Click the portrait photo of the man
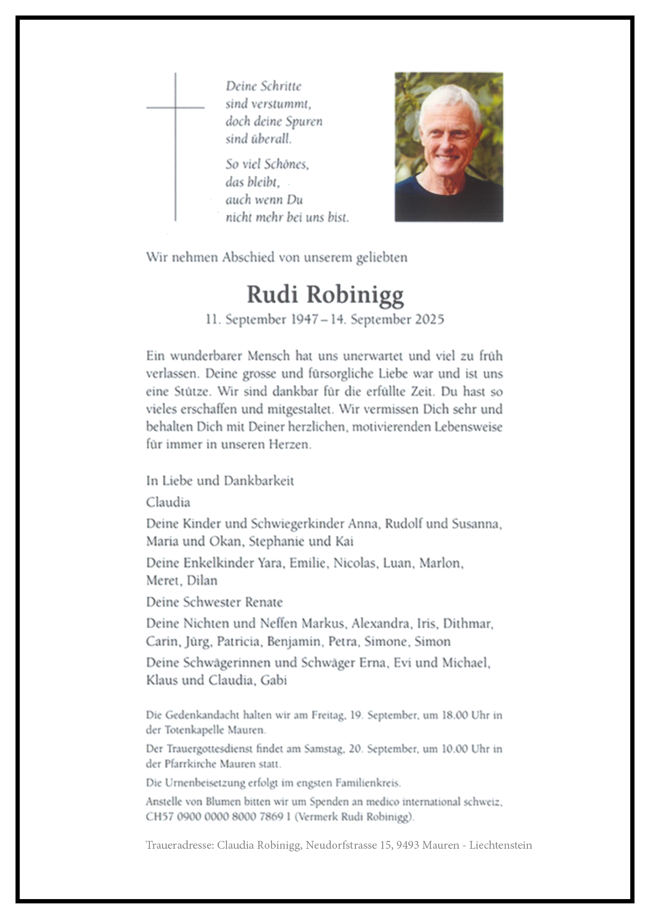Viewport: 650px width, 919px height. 449,147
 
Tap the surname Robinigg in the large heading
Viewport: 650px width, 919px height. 355,295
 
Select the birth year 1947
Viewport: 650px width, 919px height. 304,320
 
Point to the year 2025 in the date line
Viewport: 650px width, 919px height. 429,320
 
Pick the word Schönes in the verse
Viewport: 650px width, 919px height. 286,165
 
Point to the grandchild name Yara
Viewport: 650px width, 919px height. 270,563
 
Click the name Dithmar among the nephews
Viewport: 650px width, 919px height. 467,623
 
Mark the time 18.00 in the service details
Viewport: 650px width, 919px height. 454,715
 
